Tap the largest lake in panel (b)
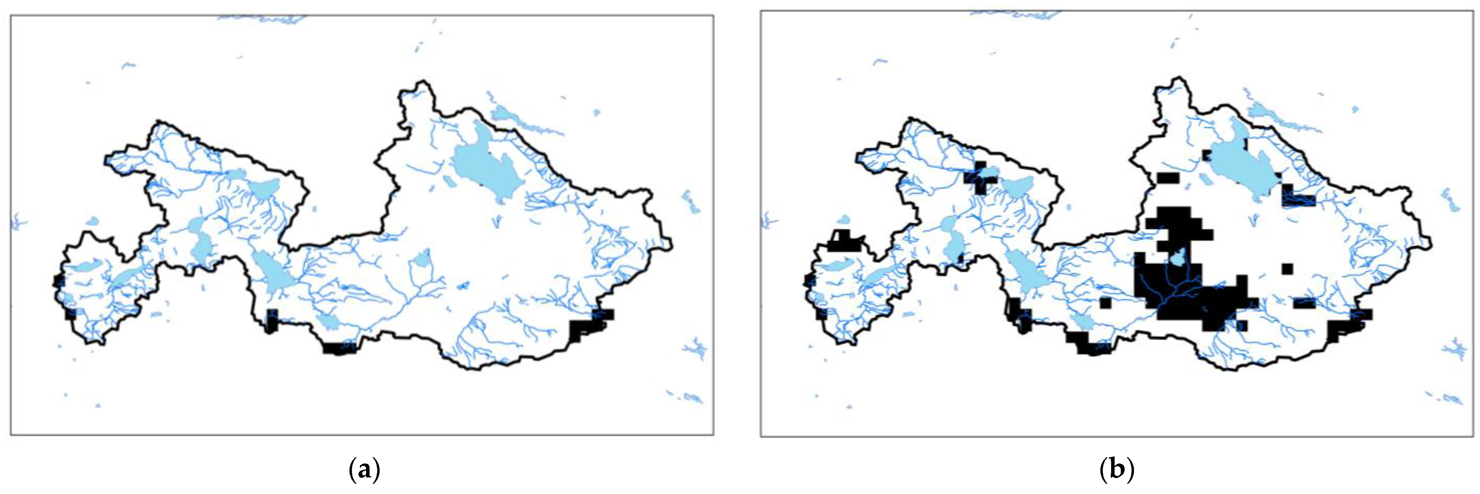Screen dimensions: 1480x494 [x=1241, y=167]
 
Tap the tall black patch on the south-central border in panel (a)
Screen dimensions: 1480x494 [x=272, y=320]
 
